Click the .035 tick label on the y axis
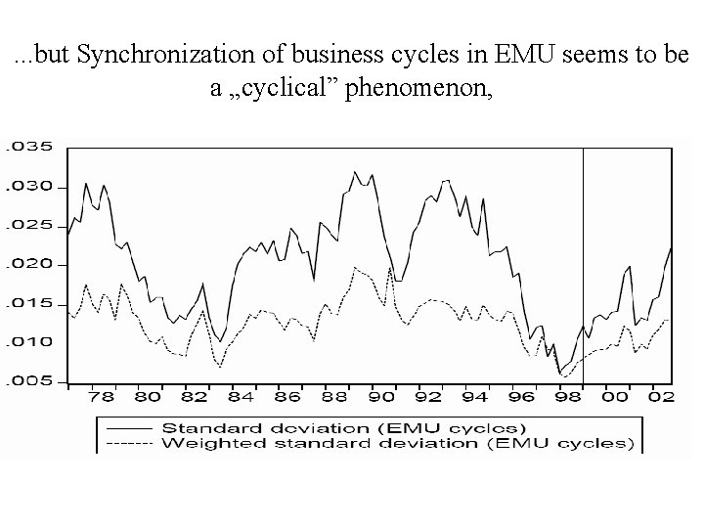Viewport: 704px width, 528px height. click(x=27, y=148)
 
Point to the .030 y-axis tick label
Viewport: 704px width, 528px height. click(x=27, y=187)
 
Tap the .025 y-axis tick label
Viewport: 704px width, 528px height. click(x=27, y=226)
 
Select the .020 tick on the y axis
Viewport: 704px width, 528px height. click(x=27, y=264)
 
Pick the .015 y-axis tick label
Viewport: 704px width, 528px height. click(x=27, y=303)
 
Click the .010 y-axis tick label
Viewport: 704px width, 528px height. click(x=27, y=342)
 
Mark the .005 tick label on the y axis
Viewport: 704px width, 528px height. click(x=27, y=381)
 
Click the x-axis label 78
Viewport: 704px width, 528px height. click(x=102, y=399)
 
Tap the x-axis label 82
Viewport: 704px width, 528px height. click(x=195, y=399)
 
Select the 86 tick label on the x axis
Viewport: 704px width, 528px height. click(x=287, y=399)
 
